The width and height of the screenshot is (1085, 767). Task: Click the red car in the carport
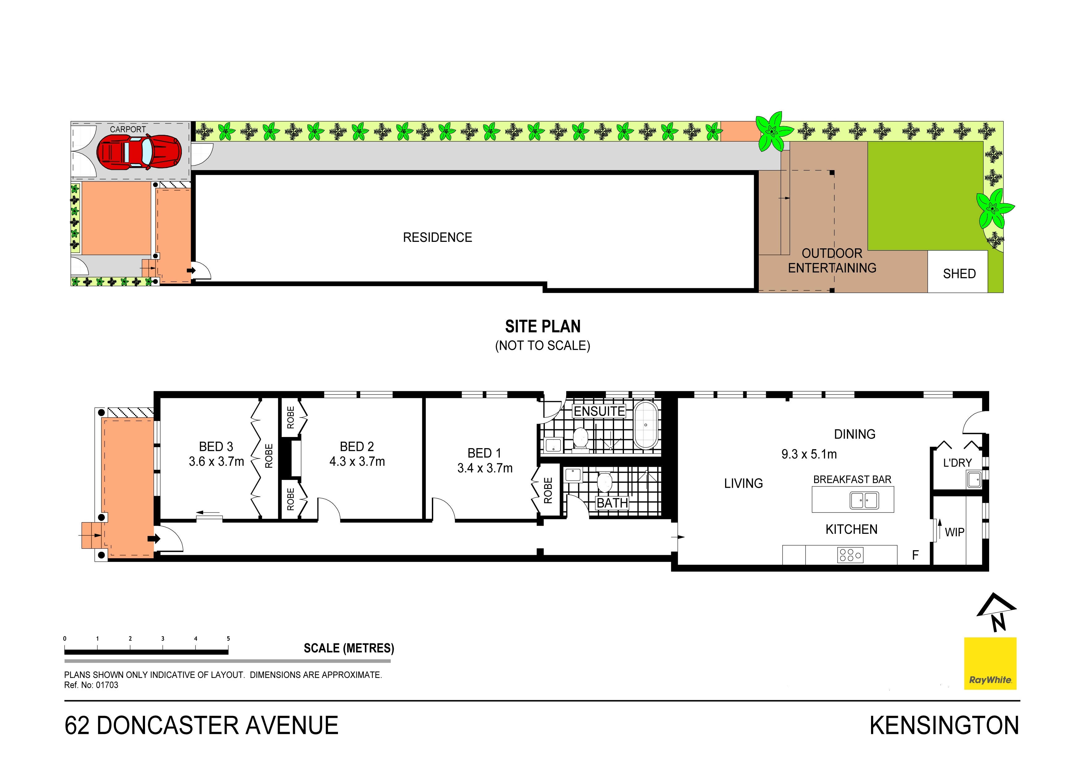pyautogui.click(x=139, y=152)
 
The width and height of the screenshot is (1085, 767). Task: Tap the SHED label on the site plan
pyautogui.click(x=959, y=274)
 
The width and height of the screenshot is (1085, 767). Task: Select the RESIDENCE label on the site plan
pyautogui.click(x=438, y=237)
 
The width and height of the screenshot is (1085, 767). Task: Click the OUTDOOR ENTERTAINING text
pyautogui.click(x=832, y=260)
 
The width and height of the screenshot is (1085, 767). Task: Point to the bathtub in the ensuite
pyautogui.click(x=646, y=425)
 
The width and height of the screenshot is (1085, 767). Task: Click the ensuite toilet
pyautogui.click(x=580, y=438)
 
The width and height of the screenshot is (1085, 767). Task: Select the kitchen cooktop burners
pyautogui.click(x=850, y=555)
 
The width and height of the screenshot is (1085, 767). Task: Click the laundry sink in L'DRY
pyautogui.click(x=974, y=480)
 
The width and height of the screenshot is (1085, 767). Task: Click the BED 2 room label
pyautogui.click(x=357, y=447)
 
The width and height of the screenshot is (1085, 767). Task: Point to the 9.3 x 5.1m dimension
pyautogui.click(x=809, y=454)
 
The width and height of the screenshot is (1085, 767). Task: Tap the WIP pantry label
pyautogui.click(x=955, y=532)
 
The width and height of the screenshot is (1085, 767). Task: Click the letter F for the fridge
pyautogui.click(x=915, y=555)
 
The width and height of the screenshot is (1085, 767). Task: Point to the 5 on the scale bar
pyautogui.click(x=228, y=638)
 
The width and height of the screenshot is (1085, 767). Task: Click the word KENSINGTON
pyautogui.click(x=944, y=726)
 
